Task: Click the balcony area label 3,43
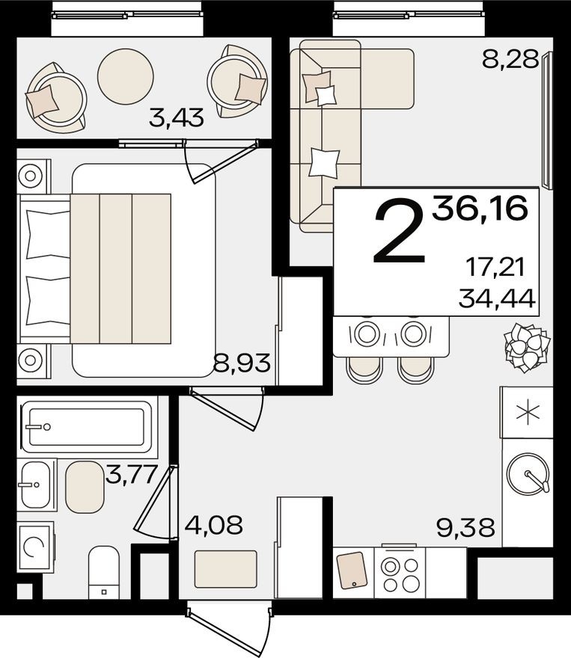(176, 117)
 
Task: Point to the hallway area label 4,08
(213, 525)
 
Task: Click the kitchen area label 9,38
(465, 528)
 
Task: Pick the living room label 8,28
(510, 59)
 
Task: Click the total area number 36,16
(479, 206)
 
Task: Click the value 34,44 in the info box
(497, 299)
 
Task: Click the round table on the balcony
(126, 76)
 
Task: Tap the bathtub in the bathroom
(87, 427)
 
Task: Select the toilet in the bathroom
(103, 572)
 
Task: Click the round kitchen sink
(528, 474)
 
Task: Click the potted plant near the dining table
(525, 349)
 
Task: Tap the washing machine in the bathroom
(34, 547)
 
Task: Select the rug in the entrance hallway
(226, 568)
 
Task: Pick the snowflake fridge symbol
(528, 412)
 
